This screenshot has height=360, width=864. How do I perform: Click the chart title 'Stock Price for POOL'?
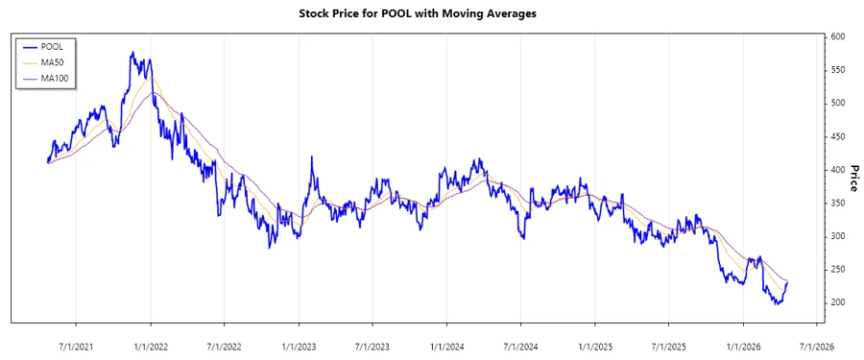click(x=432, y=13)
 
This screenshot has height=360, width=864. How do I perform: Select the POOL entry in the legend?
click(x=52, y=46)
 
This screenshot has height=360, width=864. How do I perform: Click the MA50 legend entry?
click(x=52, y=61)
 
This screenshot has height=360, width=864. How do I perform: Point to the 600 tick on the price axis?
click(x=839, y=36)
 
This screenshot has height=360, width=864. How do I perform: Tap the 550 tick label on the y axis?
click(x=839, y=70)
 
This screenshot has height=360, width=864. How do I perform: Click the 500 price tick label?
click(x=839, y=103)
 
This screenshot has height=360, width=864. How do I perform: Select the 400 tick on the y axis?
click(x=839, y=170)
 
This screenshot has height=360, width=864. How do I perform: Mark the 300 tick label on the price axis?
click(x=839, y=236)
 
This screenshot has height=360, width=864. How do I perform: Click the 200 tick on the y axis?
click(x=839, y=302)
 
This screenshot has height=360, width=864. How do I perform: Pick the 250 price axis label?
click(x=839, y=270)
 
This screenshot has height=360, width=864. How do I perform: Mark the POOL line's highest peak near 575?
click(x=132, y=53)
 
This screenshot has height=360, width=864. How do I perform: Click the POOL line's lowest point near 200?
click(x=776, y=304)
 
